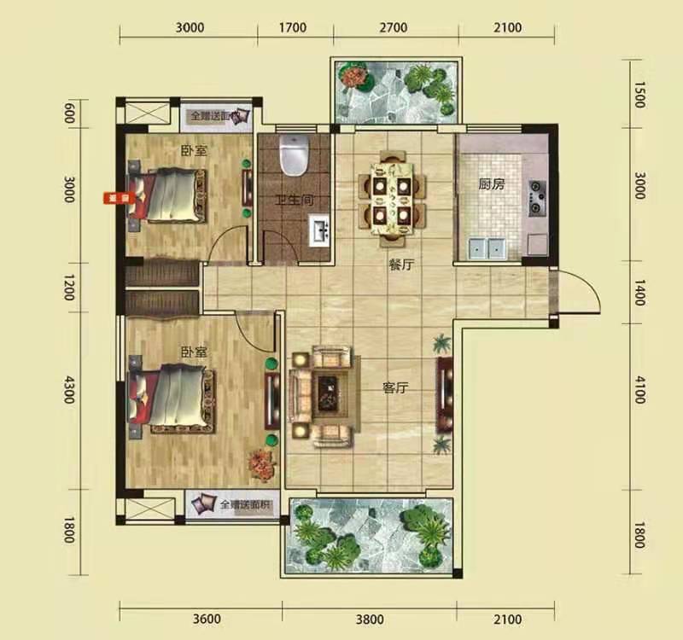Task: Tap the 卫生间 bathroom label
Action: [x=292, y=201]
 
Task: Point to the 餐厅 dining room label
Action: [x=401, y=265]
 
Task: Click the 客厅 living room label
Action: [x=395, y=387]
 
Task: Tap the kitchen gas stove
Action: [x=538, y=197]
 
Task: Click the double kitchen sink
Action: [x=485, y=248]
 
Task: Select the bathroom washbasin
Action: [x=319, y=231]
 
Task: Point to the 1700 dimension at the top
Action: [x=293, y=27]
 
